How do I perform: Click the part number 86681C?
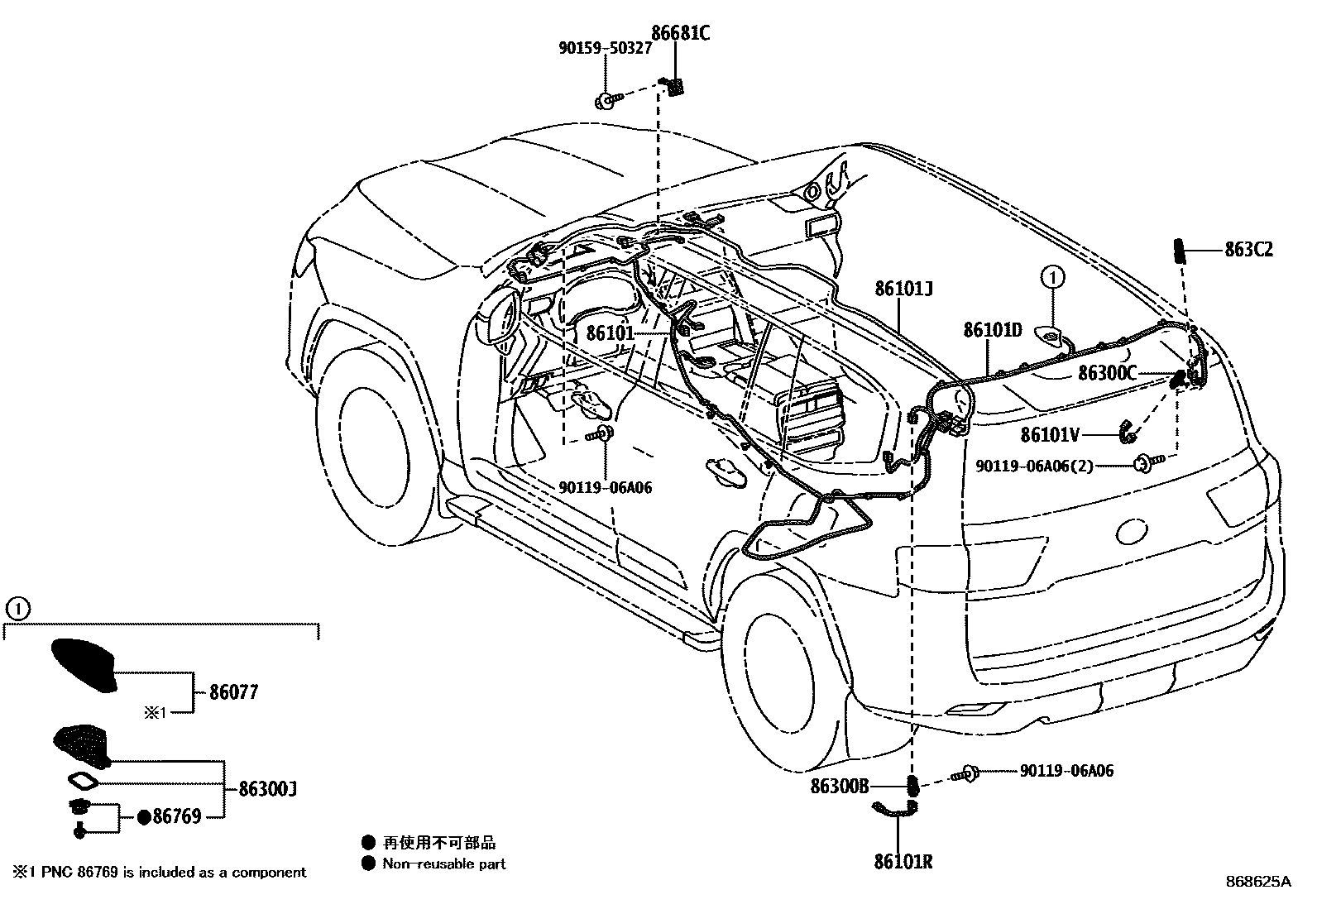(x=680, y=33)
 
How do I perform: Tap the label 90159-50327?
(x=604, y=49)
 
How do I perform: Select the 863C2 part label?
(x=1248, y=249)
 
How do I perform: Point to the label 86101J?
(x=903, y=289)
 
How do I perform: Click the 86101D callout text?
(x=992, y=330)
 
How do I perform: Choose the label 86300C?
(x=1107, y=374)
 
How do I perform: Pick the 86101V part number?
(x=1051, y=434)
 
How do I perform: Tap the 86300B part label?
(x=840, y=787)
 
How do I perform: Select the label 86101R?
(x=903, y=862)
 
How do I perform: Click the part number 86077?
(x=233, y=691)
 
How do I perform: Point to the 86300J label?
(x=267, y=789)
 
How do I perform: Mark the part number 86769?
(x=177, y=817)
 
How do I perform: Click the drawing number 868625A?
(x=1257, y=882)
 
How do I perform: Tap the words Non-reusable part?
(x=443, y=864)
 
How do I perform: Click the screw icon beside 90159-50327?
(x=605, y=101)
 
